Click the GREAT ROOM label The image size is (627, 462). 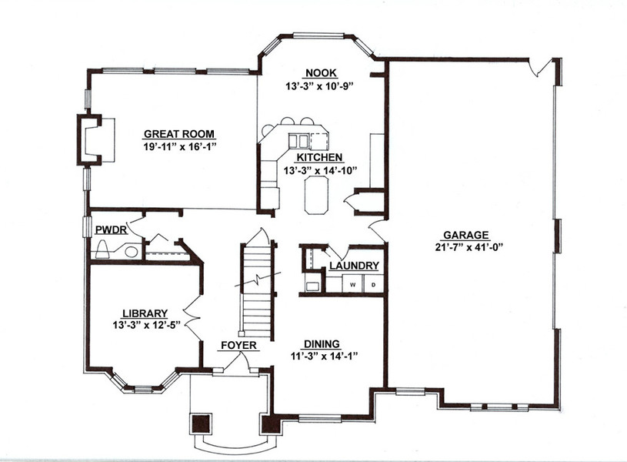point(179,134)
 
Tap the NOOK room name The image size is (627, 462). point(321,73)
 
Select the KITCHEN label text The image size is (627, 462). point(319,157)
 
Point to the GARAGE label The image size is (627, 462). point(466,235)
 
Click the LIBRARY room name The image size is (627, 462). point(145,313)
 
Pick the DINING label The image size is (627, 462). point(322,344)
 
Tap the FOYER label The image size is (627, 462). point(238,345)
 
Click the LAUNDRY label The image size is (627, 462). point(354,266)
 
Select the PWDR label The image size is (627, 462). point(111,229)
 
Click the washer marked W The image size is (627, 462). point(352,285)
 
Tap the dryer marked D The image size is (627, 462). point(374,285)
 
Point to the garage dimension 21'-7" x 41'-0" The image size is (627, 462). point(469,247)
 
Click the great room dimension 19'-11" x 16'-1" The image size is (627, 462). point(179,146)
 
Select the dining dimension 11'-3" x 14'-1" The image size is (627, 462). point(324,356)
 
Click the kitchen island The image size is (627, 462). point(317,196)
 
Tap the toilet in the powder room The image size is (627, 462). point(103,249)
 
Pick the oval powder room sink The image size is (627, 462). point(132,253)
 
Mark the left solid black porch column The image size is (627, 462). point(200,424)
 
